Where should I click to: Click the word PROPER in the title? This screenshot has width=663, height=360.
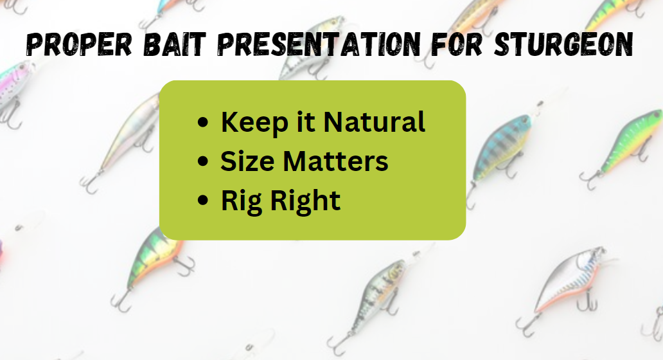click(79, 44)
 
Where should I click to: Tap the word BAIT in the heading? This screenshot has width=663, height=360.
click(175, 44)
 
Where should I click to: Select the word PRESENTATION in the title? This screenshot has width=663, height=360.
click(319, 44)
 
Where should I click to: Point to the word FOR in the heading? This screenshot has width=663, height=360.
click(457, 44)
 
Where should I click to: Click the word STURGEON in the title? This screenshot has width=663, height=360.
click(563, 44)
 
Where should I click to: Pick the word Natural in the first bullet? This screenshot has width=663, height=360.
click(374, 122)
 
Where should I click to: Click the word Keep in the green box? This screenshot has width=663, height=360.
click(255, 123)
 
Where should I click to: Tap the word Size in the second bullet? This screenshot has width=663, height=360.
click(247, 161)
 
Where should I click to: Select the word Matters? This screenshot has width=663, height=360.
click(335, 161)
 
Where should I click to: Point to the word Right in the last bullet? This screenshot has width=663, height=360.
click(305, 201)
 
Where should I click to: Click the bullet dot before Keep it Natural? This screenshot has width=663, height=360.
click(203, 122)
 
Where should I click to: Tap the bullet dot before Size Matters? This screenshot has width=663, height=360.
click(203, 161)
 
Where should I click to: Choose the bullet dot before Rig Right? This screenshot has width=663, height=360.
click(203, 200)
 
